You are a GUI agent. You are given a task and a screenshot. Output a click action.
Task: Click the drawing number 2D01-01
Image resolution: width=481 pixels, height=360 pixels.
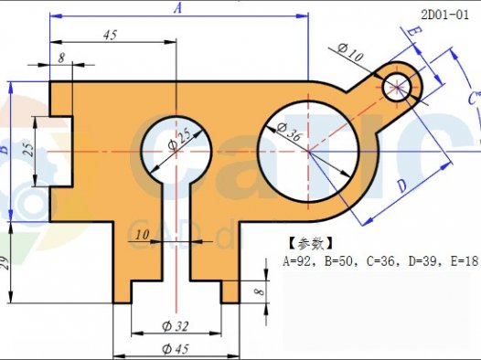point(445,14)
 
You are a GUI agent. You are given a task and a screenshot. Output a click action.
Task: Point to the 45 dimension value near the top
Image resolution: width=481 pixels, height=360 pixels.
point(110,35)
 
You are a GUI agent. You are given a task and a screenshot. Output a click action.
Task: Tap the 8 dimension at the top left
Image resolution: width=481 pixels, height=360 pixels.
point(61,58)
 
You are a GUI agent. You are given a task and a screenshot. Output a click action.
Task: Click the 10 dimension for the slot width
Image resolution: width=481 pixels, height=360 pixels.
point(141,236)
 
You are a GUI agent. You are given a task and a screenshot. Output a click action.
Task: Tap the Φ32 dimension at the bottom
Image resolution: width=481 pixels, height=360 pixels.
point(177,326)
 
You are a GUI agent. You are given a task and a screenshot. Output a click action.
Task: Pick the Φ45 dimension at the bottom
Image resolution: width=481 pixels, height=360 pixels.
point(176,349)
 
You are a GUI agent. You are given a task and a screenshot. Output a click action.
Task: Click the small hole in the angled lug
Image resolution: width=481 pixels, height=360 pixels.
point(398,86)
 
